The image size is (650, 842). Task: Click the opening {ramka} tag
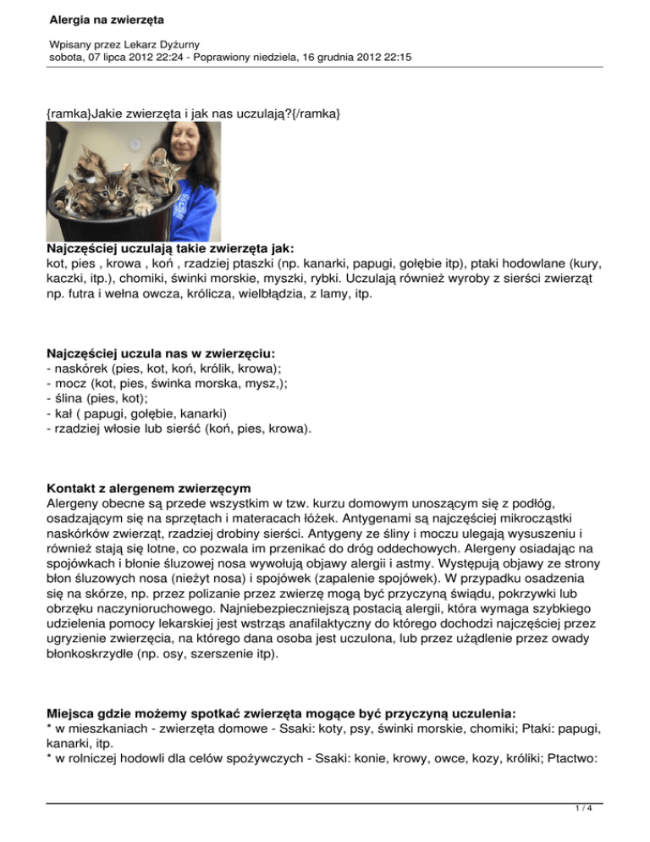[68, 111]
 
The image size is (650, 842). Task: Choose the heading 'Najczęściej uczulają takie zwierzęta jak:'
[170, 250]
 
